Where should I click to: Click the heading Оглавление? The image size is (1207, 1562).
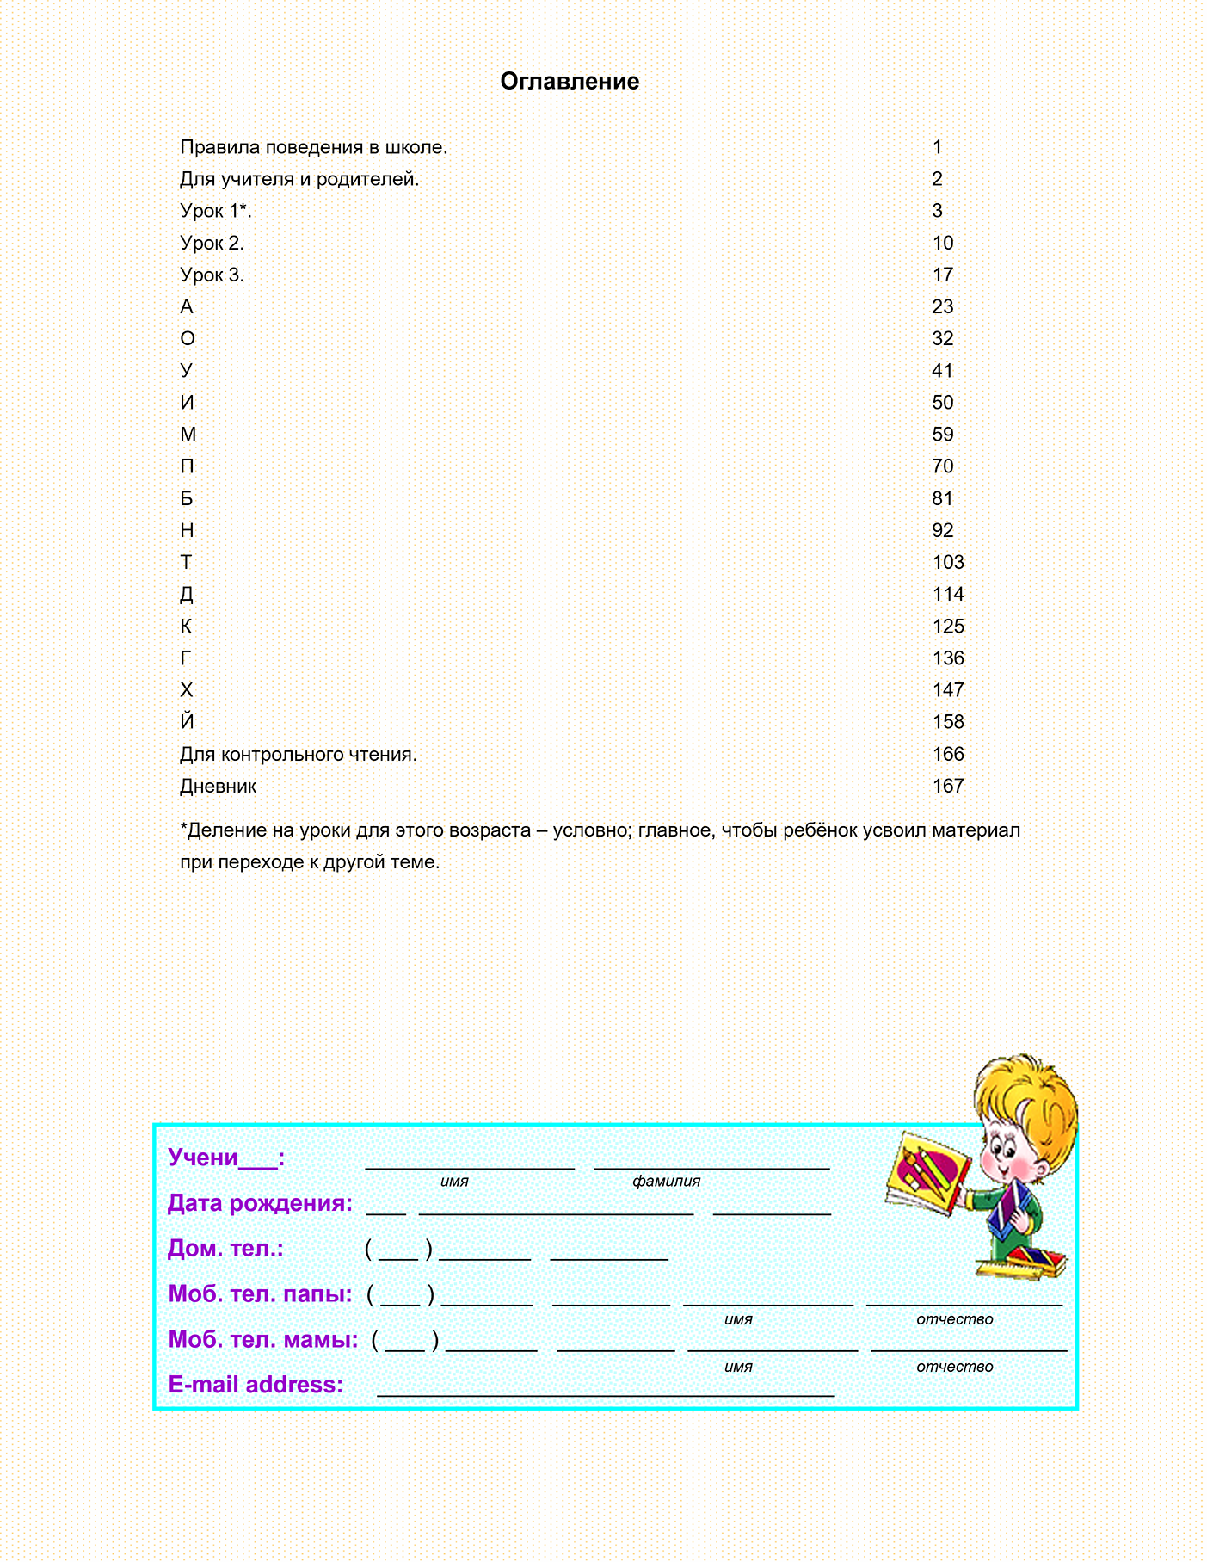tap(570, 82)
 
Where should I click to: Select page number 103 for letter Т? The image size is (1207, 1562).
tap(948, 563)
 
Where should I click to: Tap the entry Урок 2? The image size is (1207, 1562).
tap(212, 244)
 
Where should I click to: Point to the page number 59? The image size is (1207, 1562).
tap(943, 435)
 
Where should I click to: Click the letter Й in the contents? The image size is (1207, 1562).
tap(187, 721)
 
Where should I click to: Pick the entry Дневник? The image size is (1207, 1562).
tap(218, 787)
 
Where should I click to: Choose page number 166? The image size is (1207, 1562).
tap(948, 755)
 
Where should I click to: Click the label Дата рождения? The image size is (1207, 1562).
tap(260, 1203)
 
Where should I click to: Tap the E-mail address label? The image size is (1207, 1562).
tap(256, 1385)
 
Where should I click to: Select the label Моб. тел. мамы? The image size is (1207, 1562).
tap(263, 1339)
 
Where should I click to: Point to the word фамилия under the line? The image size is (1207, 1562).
tap(666, 1182)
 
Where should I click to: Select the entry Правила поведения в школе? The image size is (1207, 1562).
tap(313, 148)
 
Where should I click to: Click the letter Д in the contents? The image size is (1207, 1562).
tap(187, 595)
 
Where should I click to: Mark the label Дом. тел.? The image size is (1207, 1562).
tap(225, 1249)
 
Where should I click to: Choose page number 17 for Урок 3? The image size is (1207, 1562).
tap(943, 275)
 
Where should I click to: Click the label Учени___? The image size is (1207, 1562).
tap(226, 1158)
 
